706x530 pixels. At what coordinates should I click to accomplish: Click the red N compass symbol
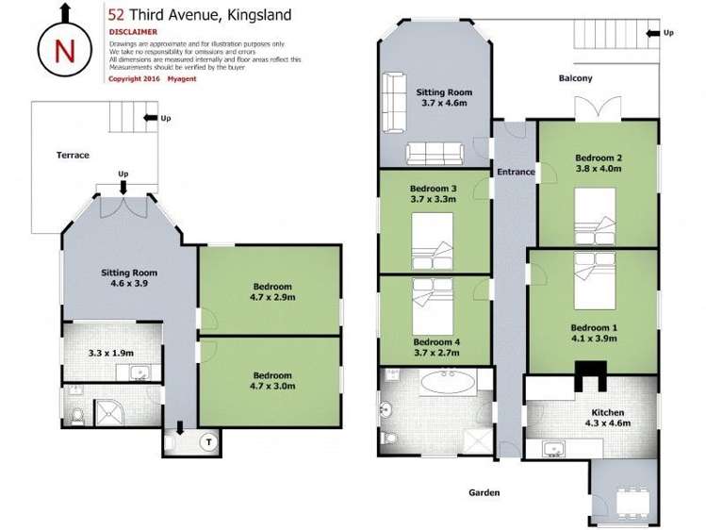pyautogui.click(x=63, y=51)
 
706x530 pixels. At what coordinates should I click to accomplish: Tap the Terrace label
pyautogui.click(x=73, y=155)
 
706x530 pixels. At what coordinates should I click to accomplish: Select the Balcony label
pyautogui.click(x=574, y=78)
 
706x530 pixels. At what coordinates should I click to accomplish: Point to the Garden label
pyautogui.click(x=482, y=492)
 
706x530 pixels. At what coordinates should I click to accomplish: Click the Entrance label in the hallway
pyautogui.click(x=516, y=172)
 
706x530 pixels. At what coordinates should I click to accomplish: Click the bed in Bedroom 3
pyautogui.click(x=433, y=237)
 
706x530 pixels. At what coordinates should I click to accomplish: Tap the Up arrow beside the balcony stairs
pyautogui.click(x=661, y=33)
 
